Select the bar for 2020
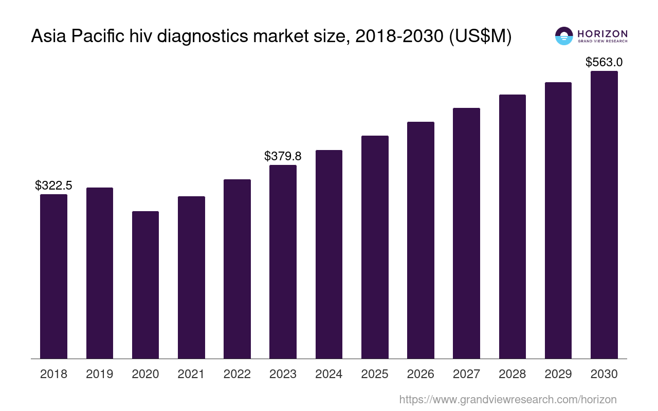coord(145,285)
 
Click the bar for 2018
coord(53,276)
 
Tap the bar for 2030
coord(604,215)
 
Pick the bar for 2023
coord(283,262)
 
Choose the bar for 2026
coord(421,240)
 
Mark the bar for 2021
coord(191,277)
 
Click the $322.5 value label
coord(53,185)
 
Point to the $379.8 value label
coord(283,156)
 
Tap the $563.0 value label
coord(604,62)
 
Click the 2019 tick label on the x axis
coord(100,374)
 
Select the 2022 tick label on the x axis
coord(237,374)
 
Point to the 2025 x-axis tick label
coord(375,374)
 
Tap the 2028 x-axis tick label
coord(513,374)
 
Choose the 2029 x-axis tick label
coord(558,374)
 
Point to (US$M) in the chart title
coord(480,36)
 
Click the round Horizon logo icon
coord(564,36)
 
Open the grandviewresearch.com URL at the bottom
coord(508,399)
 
